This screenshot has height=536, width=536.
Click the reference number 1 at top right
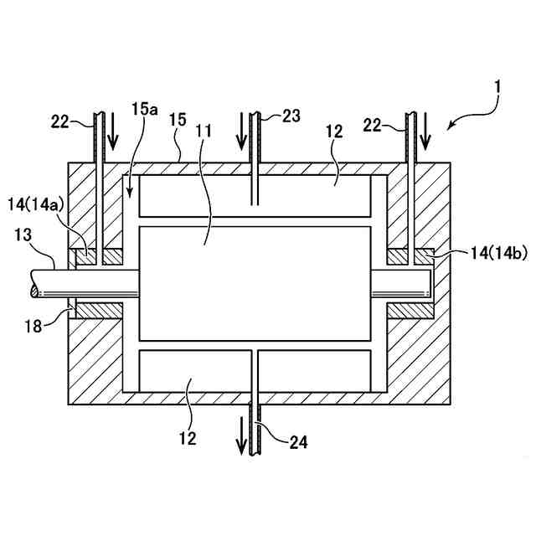click(x=497, y=86)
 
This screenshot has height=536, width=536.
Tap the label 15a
click(x=144, y=109)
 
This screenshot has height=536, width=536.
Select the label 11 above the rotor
click(x=204, y=131)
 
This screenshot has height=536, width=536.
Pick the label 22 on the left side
click(x=60, y=122)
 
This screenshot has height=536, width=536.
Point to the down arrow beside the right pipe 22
click(x=425, y=128)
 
